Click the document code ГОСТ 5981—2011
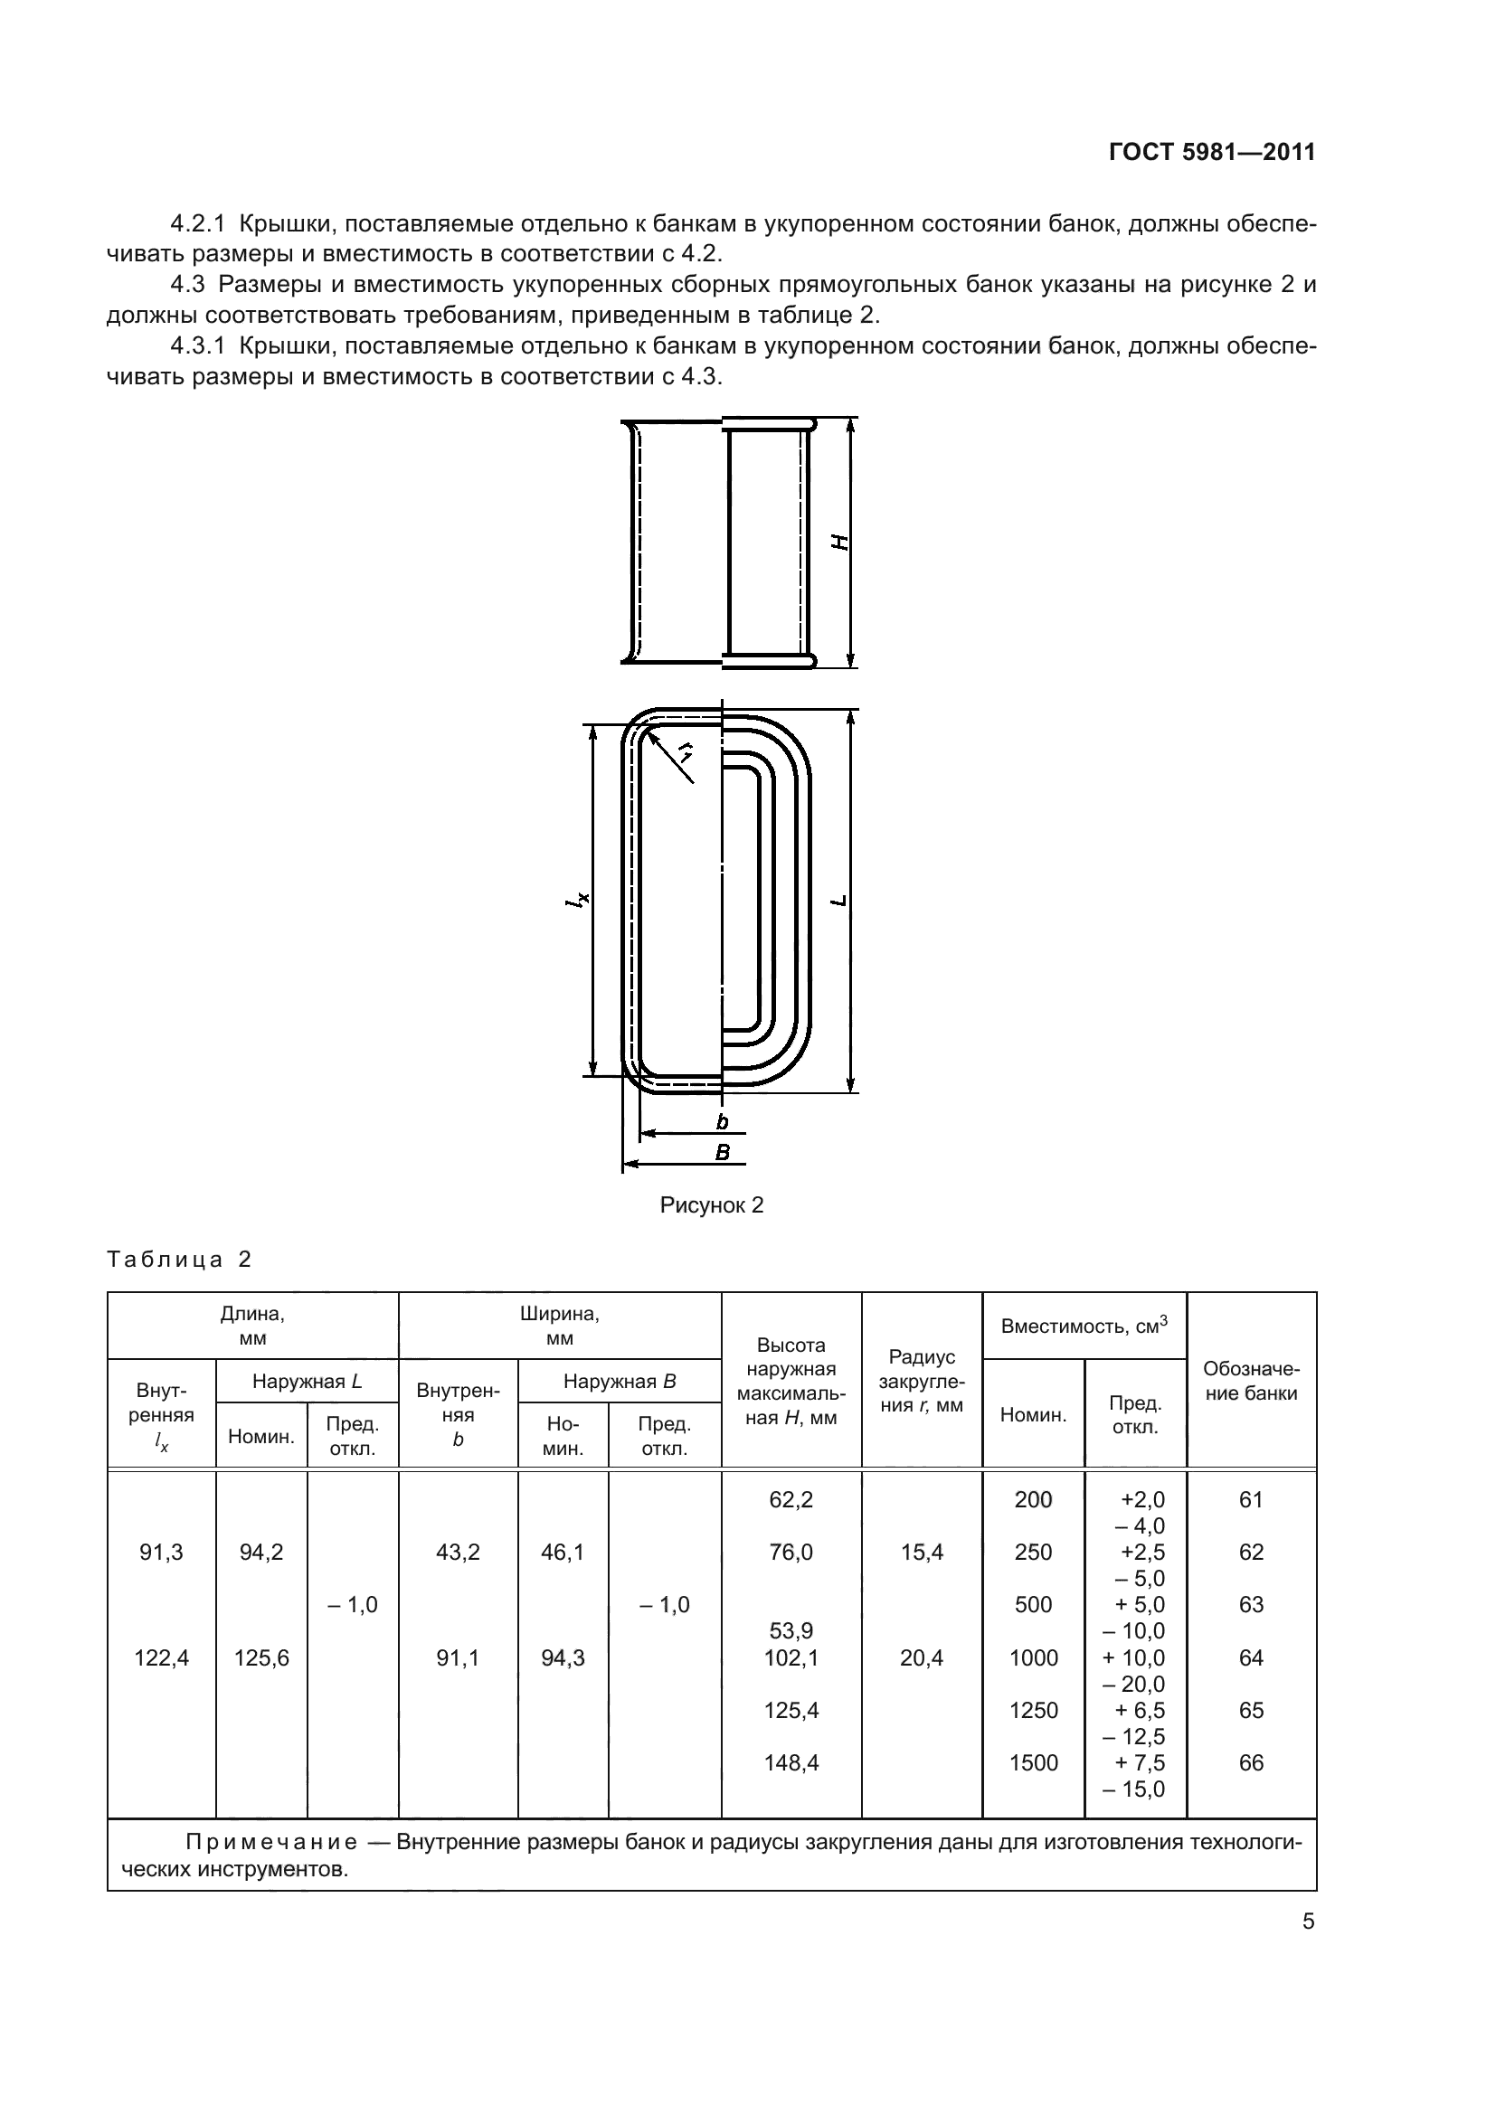(x=1211, y=153)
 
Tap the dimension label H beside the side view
(x=840, y=543)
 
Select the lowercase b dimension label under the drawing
(x=722, y=1121)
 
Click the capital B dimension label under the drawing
(x=722, y=1152)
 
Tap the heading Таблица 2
(x=180, y=1260)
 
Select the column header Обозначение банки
(x=1251, y=1381)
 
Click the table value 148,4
(x=791, y=1762)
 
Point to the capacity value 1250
(x=1033, y=1710)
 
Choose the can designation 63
(x=1250, y=1604)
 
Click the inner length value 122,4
(x=161, y=1658)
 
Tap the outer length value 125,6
(x=261, y=1658)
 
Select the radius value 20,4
(x=921, y=1658)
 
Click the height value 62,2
(x=791, y=1499)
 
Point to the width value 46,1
(x=562, y=1553)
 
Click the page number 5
(x=1308, y=1921)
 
